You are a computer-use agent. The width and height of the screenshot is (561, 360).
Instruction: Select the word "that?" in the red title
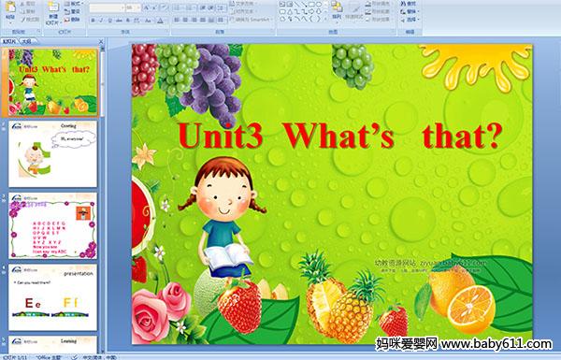453,138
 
